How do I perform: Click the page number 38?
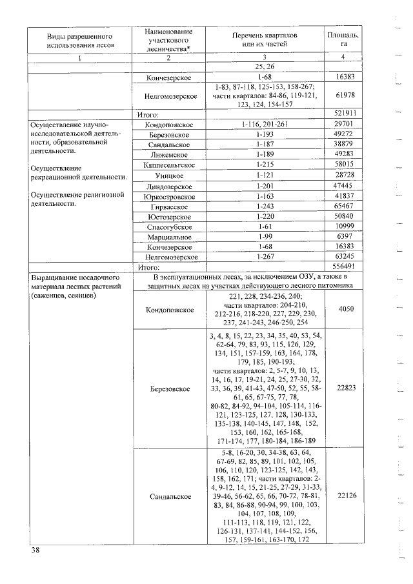coord(34,550)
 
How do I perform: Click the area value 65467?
coord(343,206)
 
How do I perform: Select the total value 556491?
coord(343,267)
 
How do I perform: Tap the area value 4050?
coord(343,309)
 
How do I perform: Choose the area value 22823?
coord(343,388)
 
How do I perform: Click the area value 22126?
coord(343,496)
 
